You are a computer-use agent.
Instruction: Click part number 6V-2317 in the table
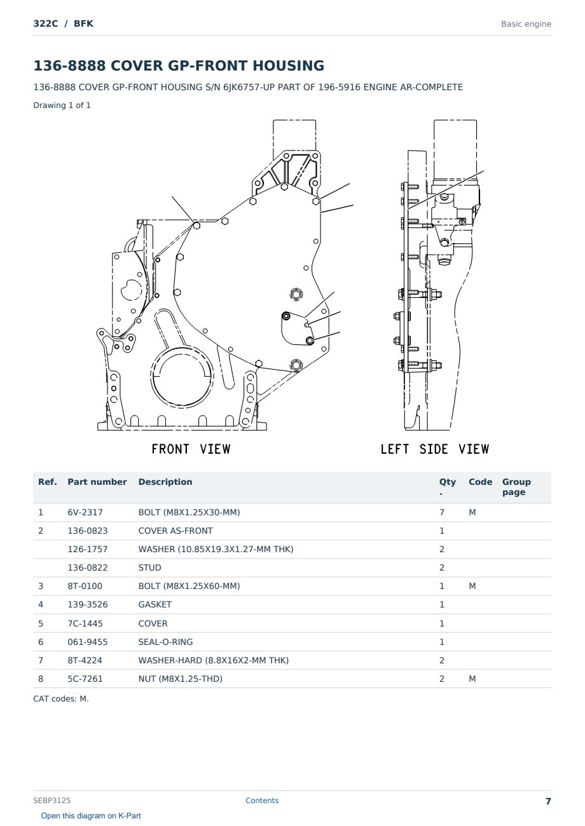[x=85, y=512]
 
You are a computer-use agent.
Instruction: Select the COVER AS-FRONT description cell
[x=175, y=531]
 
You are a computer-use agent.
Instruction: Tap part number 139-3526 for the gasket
[x=88, y=604]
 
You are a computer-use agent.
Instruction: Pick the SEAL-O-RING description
[x=165, y=642]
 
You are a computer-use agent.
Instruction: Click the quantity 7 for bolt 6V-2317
[x=442, y=512]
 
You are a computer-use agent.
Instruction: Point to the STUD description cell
[x=149, y=567]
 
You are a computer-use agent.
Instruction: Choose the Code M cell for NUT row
[x=472, y=679]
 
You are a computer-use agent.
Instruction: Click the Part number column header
[x=97, y=482]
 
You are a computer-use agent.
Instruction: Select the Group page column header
[x=516, y=487]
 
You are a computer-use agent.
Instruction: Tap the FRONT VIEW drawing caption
[x=191, y=449]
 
